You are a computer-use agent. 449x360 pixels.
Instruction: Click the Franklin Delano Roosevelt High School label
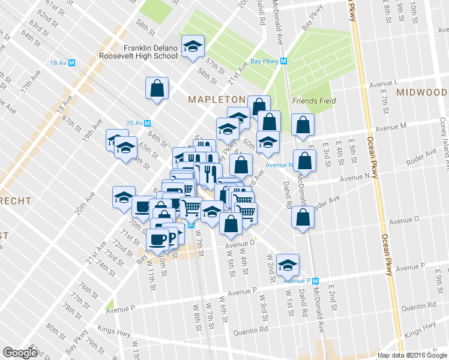click(150, 52)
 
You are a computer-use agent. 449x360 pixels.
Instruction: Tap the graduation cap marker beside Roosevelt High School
click(193, 47)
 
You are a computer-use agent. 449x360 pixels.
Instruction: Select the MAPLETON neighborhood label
click(217, 99)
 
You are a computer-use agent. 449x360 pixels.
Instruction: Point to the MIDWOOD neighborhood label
click(421, 92)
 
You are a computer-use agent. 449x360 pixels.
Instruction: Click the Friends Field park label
click(313, 101)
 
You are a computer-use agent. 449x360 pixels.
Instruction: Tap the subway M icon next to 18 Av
click(71, 62)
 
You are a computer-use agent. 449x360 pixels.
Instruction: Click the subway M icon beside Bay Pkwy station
click(284, 61)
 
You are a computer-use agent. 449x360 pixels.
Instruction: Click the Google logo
click(20, 352)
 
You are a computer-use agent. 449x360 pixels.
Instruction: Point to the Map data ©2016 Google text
click(411, 355)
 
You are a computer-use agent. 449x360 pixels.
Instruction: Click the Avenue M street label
click(391, 127)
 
